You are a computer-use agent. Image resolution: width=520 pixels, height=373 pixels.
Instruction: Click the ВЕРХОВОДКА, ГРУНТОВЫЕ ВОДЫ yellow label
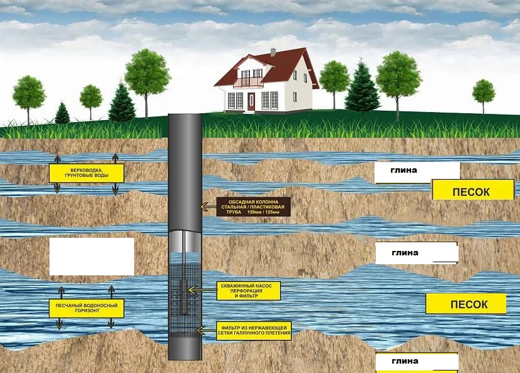click(x=86, y=173)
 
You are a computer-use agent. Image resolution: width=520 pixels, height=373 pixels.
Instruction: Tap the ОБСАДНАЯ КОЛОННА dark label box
click(x=254, y=207)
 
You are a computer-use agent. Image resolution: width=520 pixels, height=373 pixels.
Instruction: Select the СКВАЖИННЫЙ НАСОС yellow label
click(x=249, y=290)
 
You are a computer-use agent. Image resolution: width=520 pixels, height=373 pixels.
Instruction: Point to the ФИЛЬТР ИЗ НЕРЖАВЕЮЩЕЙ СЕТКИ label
click(x=255, y=330)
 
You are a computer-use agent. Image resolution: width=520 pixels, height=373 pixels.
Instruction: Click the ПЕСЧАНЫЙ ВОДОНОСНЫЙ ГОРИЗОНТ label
click(x=86, y=308)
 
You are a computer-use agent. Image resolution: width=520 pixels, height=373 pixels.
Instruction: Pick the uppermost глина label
click(x=417, y=171)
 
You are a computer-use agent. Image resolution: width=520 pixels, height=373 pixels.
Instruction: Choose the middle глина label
click(x=417, y=253)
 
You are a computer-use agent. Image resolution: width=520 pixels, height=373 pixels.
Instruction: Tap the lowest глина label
click(x=417, y=362)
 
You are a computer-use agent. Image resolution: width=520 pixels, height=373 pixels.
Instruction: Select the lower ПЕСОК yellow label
click(x=465, y=304)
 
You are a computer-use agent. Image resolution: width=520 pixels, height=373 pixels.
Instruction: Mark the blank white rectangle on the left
click(x=91, y=257)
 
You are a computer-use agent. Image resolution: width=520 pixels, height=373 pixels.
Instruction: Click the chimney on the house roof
click(x=273, y=52)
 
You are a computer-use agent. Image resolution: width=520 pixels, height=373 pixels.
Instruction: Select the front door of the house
click(x=251, y=101)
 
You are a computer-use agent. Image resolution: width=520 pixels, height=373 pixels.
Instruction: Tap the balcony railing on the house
click(x=248, y=82)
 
